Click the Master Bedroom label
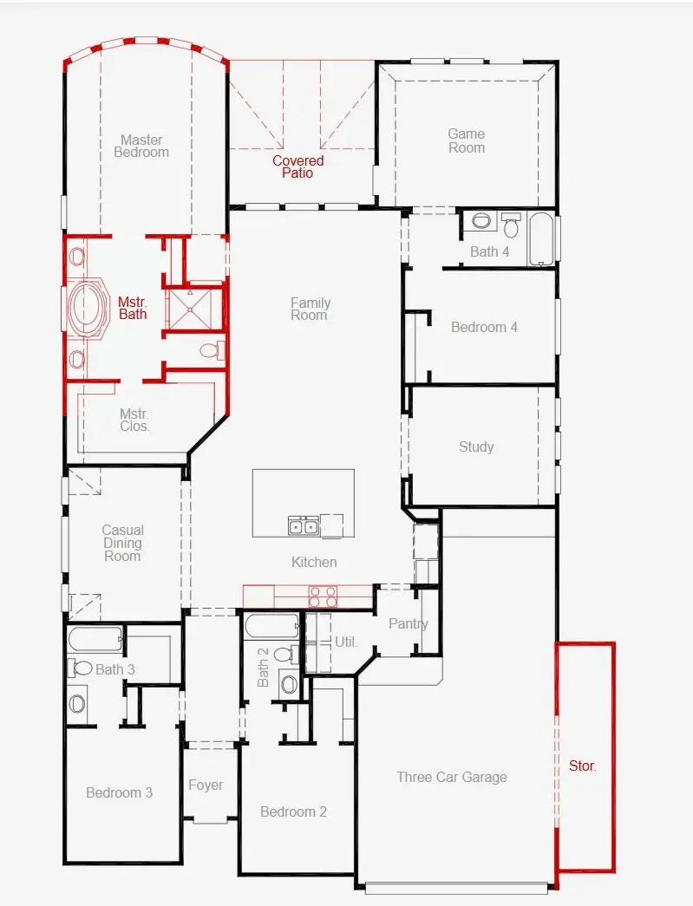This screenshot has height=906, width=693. (141, 146)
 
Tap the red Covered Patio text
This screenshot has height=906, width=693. (297, 166)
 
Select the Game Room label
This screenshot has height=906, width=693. (466, 140)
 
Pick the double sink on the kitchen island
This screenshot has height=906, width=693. (303, 525)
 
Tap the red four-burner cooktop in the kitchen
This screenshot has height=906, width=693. (324, 596)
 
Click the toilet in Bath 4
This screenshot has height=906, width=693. (511, 225)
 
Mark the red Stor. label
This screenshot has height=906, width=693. (583, 766)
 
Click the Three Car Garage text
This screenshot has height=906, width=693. (451, 777)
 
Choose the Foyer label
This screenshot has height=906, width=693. (206, 785)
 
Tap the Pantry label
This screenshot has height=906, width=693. (408, 623)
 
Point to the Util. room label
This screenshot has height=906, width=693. (346, 642)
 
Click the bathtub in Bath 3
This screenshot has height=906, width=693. (93, 640)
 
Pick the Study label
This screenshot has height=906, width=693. (476, 446)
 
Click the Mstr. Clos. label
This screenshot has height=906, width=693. (134, 420)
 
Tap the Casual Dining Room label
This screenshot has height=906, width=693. (122, 543)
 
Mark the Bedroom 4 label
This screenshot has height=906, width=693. (484, 327)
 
